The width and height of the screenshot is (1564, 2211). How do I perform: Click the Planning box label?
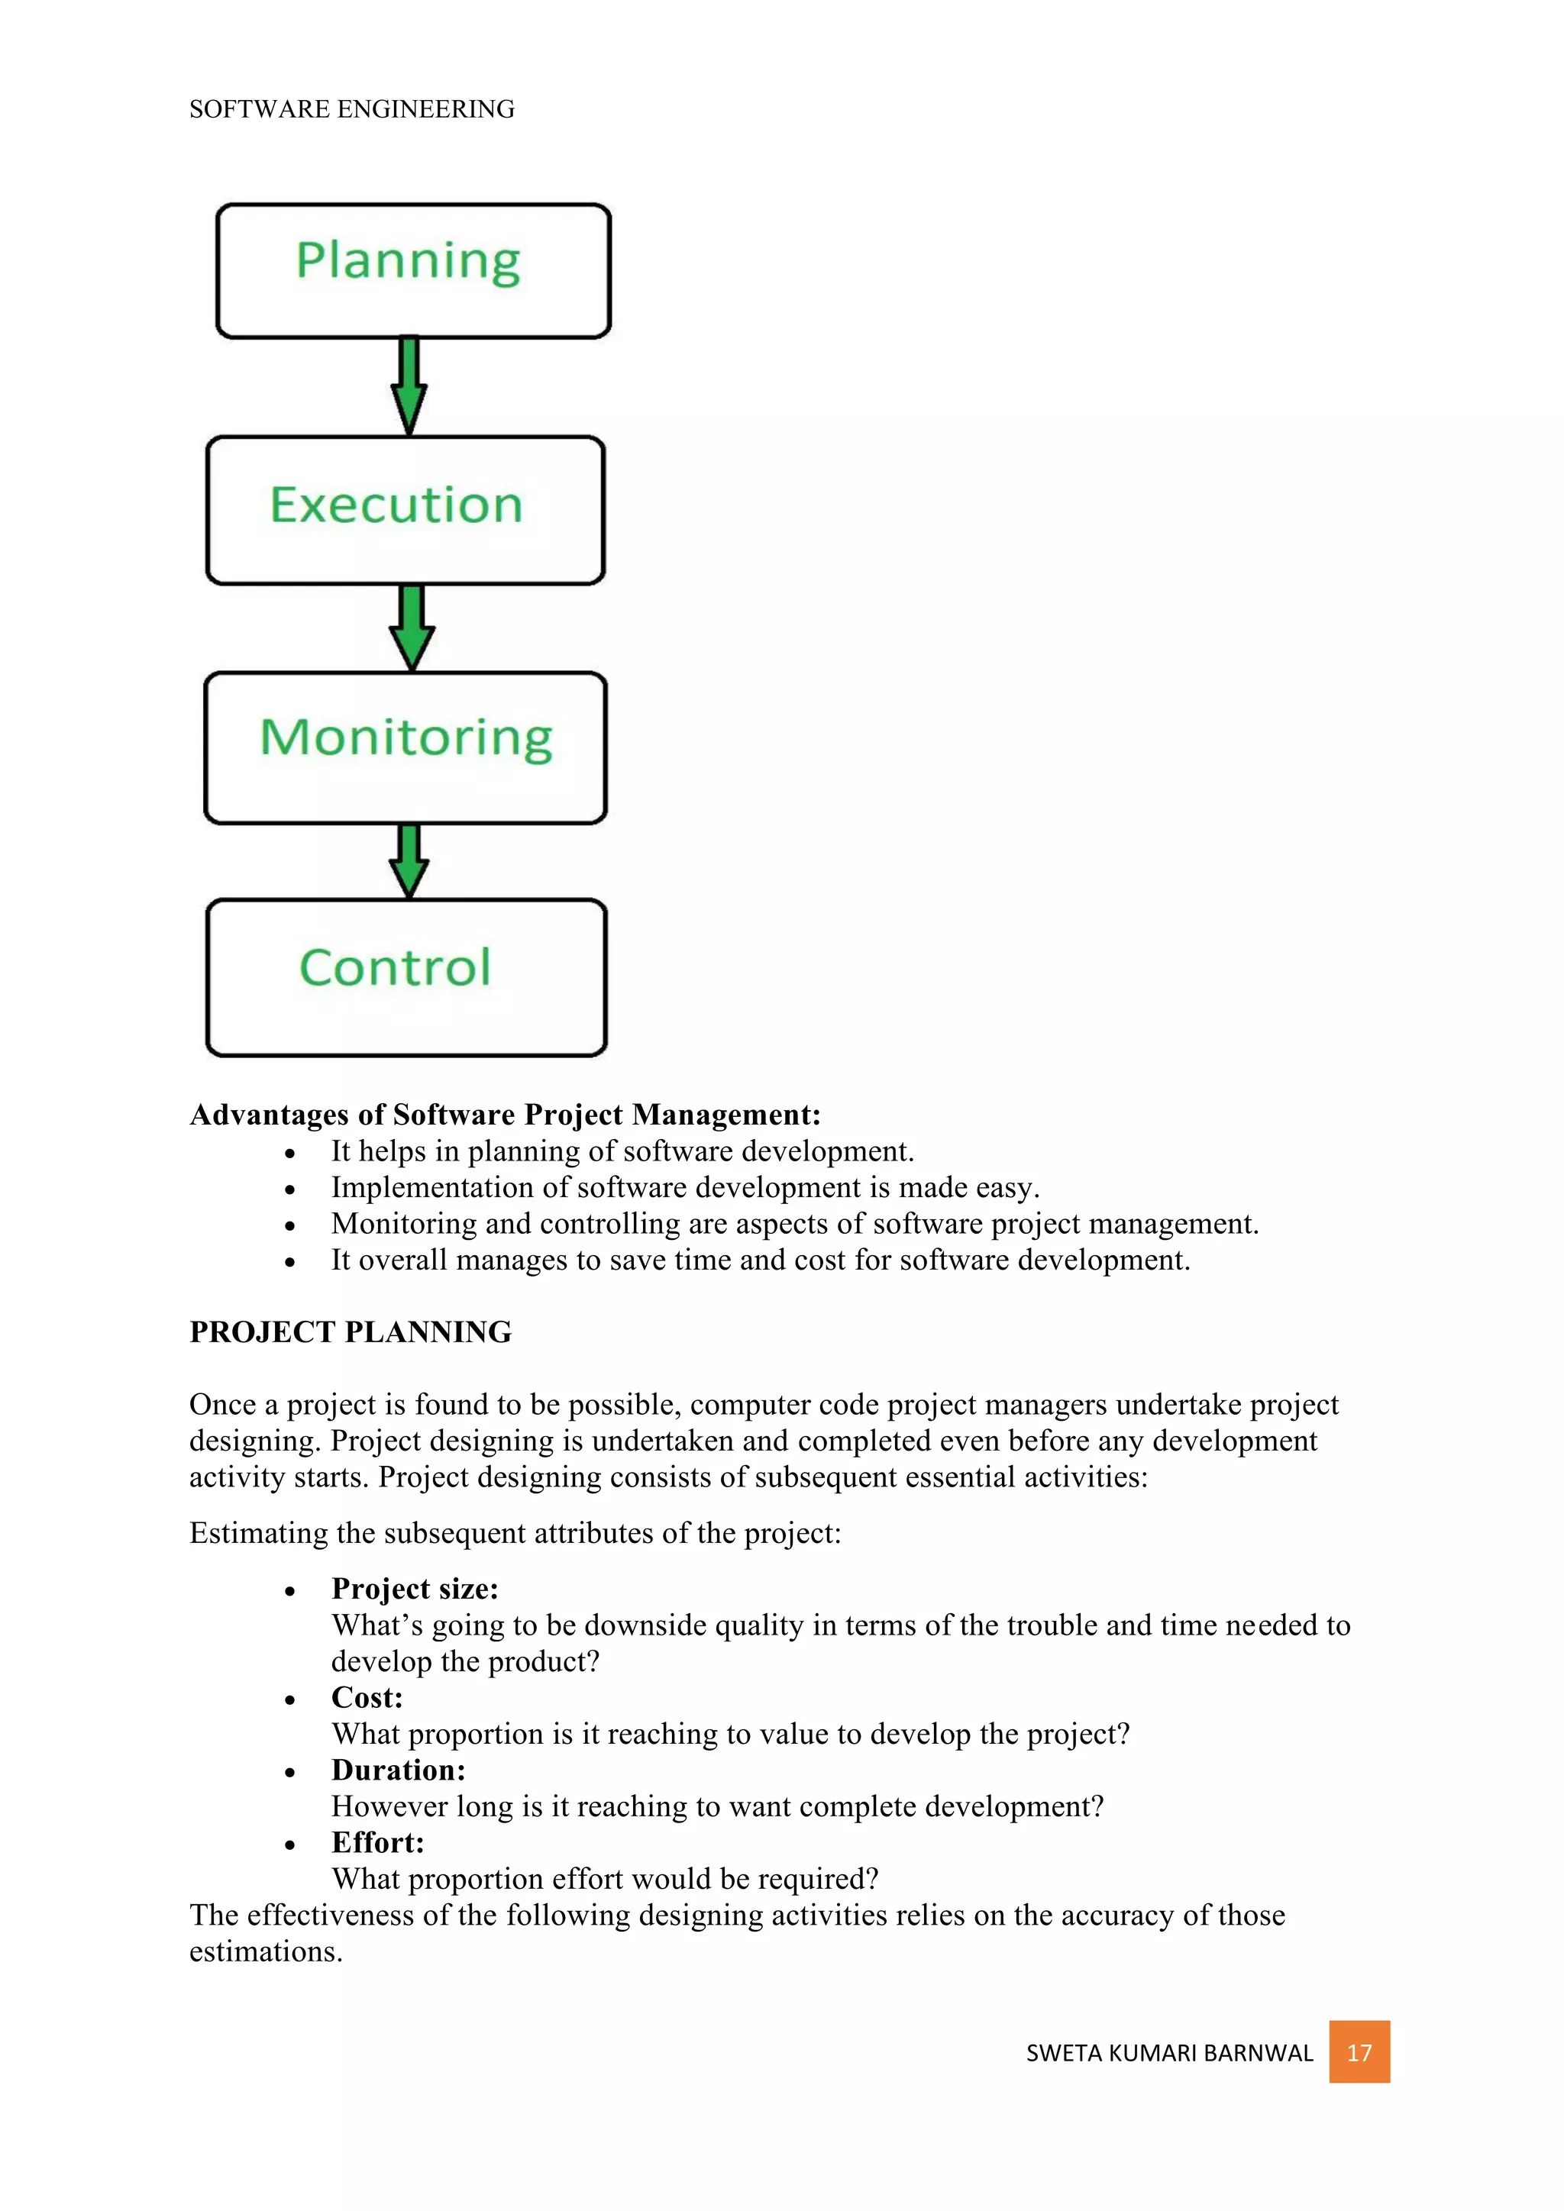click(x=409, y=261)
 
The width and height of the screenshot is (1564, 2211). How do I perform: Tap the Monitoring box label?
click(x=406, y=738)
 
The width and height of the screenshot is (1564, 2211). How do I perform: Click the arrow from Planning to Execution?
click(x=409, y=386)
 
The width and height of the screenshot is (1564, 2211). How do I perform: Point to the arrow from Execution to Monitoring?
click(x=412, y=627)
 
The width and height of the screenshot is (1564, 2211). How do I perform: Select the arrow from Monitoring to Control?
click(x=409, y=860)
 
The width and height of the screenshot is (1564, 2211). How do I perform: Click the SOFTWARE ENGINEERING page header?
click(x=351, y=110)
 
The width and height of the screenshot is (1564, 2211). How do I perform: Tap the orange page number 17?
click(x=1358, y=2052)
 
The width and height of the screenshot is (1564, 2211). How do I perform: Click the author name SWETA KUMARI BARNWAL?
click(x=1168, y=2053)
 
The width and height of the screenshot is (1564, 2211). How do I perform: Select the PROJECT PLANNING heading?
click(x=351, y=1331)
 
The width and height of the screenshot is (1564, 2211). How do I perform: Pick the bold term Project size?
click(x=414, y=1588)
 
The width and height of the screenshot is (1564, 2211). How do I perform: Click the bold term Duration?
click(x=398, y=1769)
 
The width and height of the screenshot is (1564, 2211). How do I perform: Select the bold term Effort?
click(x=377, y=1841)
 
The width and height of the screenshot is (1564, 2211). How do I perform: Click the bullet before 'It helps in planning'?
click(x=290, y=1153)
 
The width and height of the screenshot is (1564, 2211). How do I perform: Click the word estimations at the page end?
click(x=265, y=1952)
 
